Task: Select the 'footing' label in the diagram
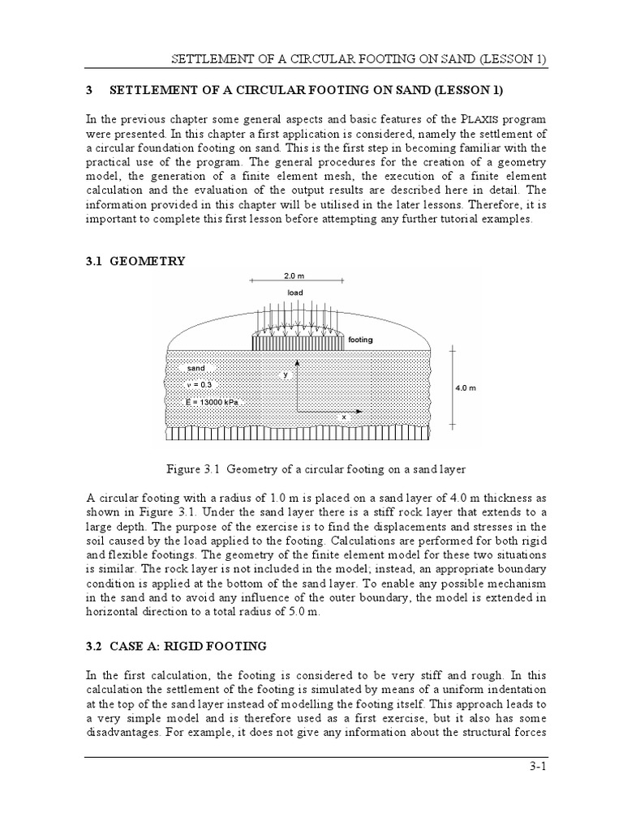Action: pyautogui.click(x=360, y=340)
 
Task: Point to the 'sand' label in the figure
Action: pyautogui.click(x=196, y=368)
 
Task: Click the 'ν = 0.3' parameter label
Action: pyautogui.click(x=200, y=384)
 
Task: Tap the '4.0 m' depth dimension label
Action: pyautogui.click(x=466, y=387)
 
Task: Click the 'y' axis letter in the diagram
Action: pyautogui.click(x=286, y=374)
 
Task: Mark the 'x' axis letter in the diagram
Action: pyautogui.click(x=343, y=417)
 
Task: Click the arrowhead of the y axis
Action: pyautogui.click(x=297, y=364)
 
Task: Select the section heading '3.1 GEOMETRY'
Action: pyautogui.click(x=148, y=261)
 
